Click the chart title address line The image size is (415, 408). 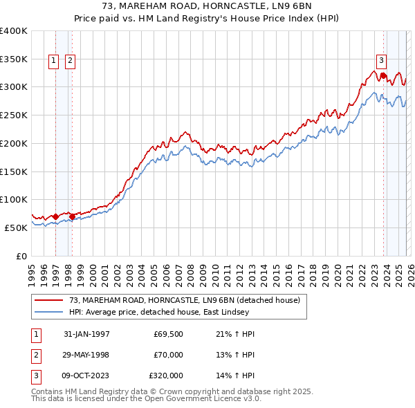pyautogui.click(x=207, y=7)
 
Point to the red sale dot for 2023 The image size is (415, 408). pyautogui.click(x=383, y=75)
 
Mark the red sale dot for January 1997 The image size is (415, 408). pyautogui.click(x=56, y=216)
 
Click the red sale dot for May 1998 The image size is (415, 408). pyautogui.click(x=72, y=216)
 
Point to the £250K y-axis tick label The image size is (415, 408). pyautogui.click(x=14, y=115)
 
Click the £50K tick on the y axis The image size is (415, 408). pyautogui.click(x=17, y=228)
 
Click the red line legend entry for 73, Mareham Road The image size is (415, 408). pyautogui.click(x=184, y=300)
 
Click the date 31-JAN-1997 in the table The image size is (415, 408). pyautogui.click(x=86, y=334)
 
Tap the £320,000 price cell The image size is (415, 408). pyautogui.click(x=166, y=375)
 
